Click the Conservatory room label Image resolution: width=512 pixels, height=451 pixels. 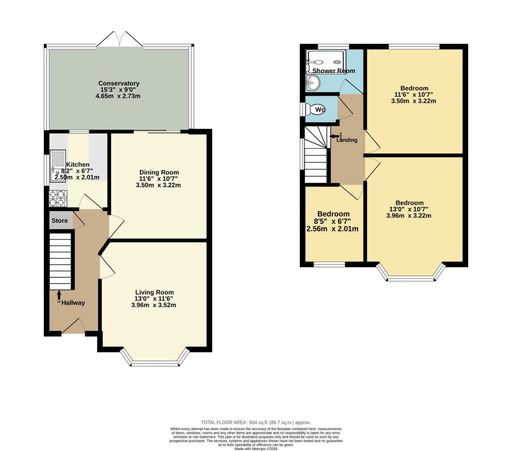119,83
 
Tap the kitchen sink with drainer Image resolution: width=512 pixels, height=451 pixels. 58,166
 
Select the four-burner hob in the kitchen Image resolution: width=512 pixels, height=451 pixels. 58,198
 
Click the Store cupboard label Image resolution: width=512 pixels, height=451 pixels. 60,220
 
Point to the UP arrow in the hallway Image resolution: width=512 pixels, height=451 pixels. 59,295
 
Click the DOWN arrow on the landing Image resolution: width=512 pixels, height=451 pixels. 334,136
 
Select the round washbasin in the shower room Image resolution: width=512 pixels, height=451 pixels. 313,83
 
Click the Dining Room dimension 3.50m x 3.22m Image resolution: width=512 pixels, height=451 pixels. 158,185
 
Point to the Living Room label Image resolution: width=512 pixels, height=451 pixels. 155,292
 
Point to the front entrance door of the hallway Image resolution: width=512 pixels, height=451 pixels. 73,327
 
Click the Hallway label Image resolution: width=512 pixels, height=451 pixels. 73,303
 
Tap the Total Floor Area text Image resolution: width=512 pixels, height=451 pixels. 256,423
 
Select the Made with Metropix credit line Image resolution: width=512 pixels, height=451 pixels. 256,449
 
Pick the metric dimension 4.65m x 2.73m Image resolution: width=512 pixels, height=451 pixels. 118,96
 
